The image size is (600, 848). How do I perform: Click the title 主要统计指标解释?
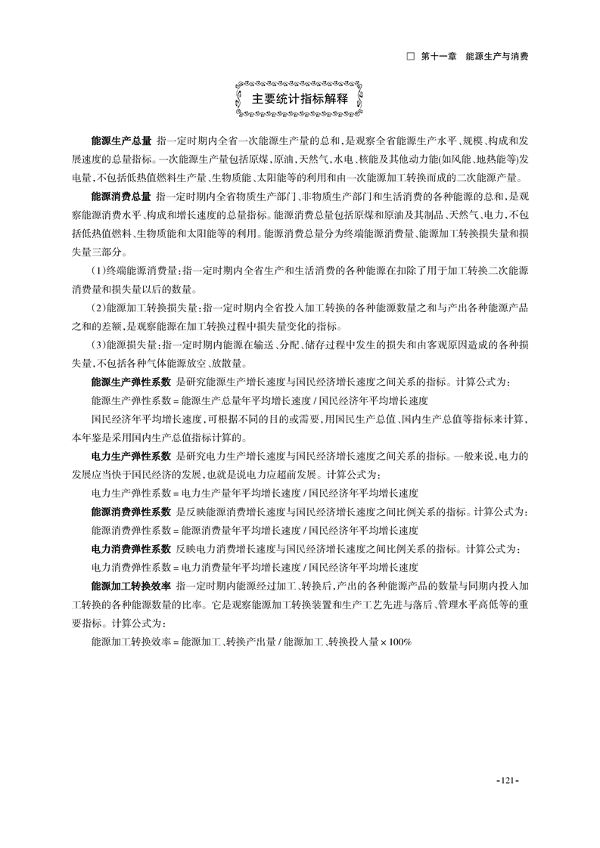coord(300,99)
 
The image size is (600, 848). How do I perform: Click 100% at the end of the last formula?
coord(399,641)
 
